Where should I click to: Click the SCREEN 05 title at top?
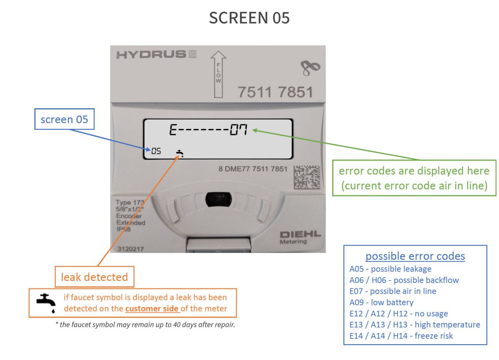(x=249, y=18)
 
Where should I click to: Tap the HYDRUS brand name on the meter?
(x=151, y=55)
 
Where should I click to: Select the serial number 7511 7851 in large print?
(x=275, y=92)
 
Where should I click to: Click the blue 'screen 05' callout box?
(x=64, y=120)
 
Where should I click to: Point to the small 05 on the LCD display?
(x=156, y=151)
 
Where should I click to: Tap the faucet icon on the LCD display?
(x=180, y=154)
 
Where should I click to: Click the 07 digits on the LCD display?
(x=239, y=131)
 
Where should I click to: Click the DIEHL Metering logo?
(x=300, y=237)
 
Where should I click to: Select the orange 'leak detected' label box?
(x=95, y=277)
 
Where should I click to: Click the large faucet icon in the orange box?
(x=46, y=303)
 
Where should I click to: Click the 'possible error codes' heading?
(x=415, y=256)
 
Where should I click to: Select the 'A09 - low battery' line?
(x=381, y=303)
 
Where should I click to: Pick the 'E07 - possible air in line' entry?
(x=393, y=291)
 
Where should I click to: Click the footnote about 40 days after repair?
(x=146, y=325)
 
